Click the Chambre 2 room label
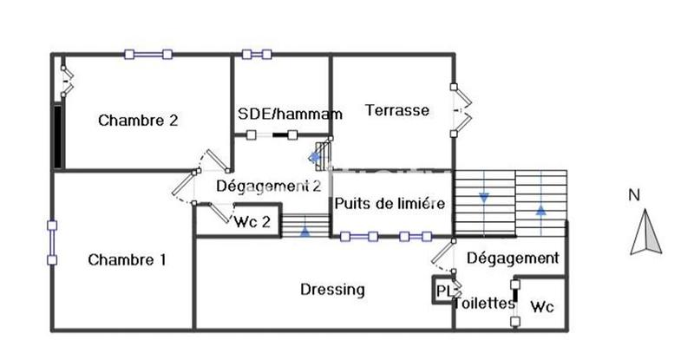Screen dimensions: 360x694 138,121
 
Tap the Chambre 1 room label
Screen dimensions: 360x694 128,259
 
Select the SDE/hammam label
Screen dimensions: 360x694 290,114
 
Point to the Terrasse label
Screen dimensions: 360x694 397,110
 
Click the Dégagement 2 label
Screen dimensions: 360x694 269,186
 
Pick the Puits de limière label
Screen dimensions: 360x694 390,204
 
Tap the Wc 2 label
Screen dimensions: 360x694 252,221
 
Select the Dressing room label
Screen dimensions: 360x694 332,290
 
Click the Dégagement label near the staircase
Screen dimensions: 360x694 513,258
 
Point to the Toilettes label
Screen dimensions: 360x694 486,304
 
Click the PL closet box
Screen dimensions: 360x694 443,291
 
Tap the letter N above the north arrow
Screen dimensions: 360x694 633,195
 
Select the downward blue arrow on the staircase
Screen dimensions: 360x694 484,197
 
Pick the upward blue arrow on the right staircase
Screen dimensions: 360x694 541,209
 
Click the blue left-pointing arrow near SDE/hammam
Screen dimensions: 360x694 315,158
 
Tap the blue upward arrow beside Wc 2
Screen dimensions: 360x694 305,231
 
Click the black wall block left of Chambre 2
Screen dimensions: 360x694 57,136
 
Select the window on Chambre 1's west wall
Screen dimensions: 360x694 52,242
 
